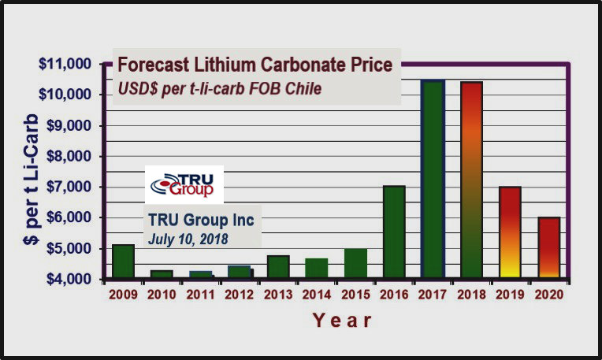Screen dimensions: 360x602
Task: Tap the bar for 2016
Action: [x=394, y=232]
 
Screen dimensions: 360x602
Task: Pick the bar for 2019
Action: [x=510, y=232]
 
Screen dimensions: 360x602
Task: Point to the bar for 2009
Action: [x=123, y=262]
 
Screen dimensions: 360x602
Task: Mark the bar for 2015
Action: [x=355, y=263]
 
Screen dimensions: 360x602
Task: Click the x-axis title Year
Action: [x=341, y=321]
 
